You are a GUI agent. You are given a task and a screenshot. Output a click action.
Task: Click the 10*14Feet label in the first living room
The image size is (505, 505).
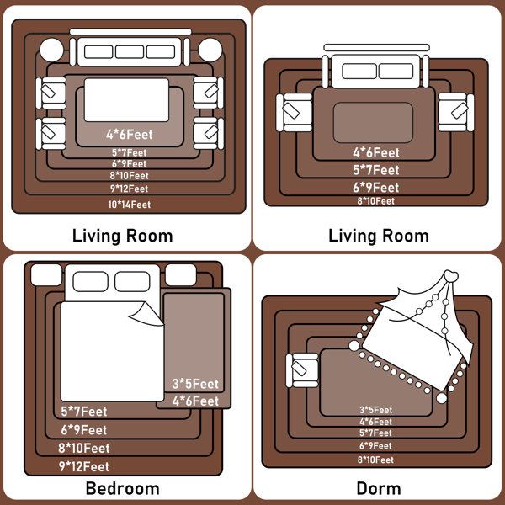[x=129, y=205]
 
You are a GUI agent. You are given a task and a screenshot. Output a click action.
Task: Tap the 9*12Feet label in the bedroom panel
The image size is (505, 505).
[x=83, y=466]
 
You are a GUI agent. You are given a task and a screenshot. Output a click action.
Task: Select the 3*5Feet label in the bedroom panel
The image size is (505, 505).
[x=195, y=384]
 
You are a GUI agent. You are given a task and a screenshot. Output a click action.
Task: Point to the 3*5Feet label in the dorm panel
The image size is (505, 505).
[x=376, y=410]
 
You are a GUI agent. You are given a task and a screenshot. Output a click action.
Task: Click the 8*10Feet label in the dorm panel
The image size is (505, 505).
[x=376, y=460]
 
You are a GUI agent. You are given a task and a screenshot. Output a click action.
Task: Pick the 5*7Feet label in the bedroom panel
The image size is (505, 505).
[x=84, y=412]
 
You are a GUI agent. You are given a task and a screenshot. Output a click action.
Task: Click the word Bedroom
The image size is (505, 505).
[x=123, y=488]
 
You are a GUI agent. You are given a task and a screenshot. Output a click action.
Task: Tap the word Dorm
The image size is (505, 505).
[x=379, y=488]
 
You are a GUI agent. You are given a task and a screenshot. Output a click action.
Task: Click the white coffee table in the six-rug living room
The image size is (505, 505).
[x=126, y=100]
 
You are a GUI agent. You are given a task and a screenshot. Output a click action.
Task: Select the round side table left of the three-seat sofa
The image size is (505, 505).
[x=51, y=50]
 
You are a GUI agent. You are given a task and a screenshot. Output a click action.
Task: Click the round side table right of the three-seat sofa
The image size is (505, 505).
[x=210, y=50]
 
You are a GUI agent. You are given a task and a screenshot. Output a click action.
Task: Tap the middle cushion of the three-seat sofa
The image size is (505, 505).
[x=130, y=52]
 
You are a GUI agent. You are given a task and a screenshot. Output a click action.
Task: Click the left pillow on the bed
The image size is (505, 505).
[x=91, y=281]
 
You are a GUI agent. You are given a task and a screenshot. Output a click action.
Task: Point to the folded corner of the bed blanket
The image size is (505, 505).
[x=146, y=314]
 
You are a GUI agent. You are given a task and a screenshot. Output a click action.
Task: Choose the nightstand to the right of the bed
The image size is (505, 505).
[x=181, y=274]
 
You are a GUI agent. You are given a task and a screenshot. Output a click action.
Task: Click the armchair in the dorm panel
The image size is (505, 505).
[x=302, y=370]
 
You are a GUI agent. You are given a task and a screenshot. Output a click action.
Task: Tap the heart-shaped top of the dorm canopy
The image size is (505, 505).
[x=451, y=276]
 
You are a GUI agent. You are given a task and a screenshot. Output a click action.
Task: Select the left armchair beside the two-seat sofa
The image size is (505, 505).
[x=294, y=113]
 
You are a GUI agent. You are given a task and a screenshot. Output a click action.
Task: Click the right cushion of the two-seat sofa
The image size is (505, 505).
[x=396, y=72]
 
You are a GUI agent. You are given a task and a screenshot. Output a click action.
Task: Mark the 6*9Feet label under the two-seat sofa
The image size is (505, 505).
[x=376, y=188]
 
